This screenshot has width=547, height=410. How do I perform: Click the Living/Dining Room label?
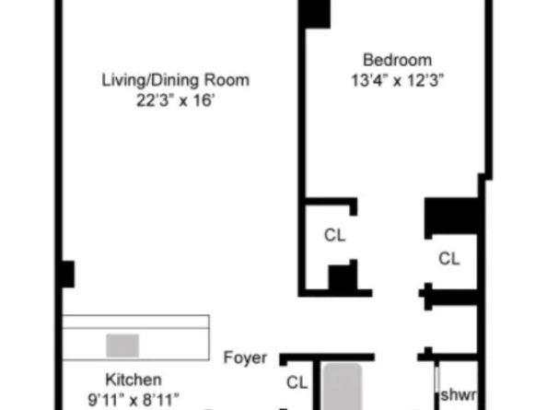click(x=175, y=80)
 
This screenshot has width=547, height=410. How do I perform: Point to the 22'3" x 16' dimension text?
click(x=175, y=100)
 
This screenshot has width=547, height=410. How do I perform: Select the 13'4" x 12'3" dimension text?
click(x=396, y=80)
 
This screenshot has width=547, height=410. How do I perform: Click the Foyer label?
click(x=245, y=357)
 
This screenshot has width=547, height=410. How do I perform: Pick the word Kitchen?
click(x=134, y=380)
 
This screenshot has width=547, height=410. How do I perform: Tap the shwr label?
click(x=458, y=395)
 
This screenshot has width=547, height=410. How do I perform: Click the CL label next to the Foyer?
click(x=297, y=382)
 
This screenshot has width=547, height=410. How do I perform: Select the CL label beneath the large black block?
click(x=448, y=259)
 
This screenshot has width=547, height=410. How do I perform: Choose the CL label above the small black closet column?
click(x=334, y=235)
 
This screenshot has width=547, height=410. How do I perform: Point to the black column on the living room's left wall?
click(x=66, y=274)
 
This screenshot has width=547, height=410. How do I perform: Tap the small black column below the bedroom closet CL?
click(x=343, y=277)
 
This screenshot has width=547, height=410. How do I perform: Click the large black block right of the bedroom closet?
click(x=451, y=217)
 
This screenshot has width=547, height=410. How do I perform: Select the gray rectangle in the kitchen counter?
click(x=122, y=346)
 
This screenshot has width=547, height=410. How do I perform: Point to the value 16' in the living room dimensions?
click(x=201, y=100)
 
